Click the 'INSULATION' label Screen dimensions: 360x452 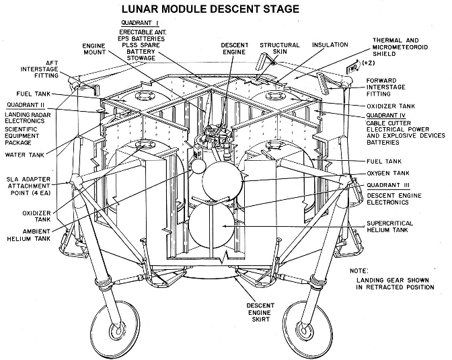point(330,45)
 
